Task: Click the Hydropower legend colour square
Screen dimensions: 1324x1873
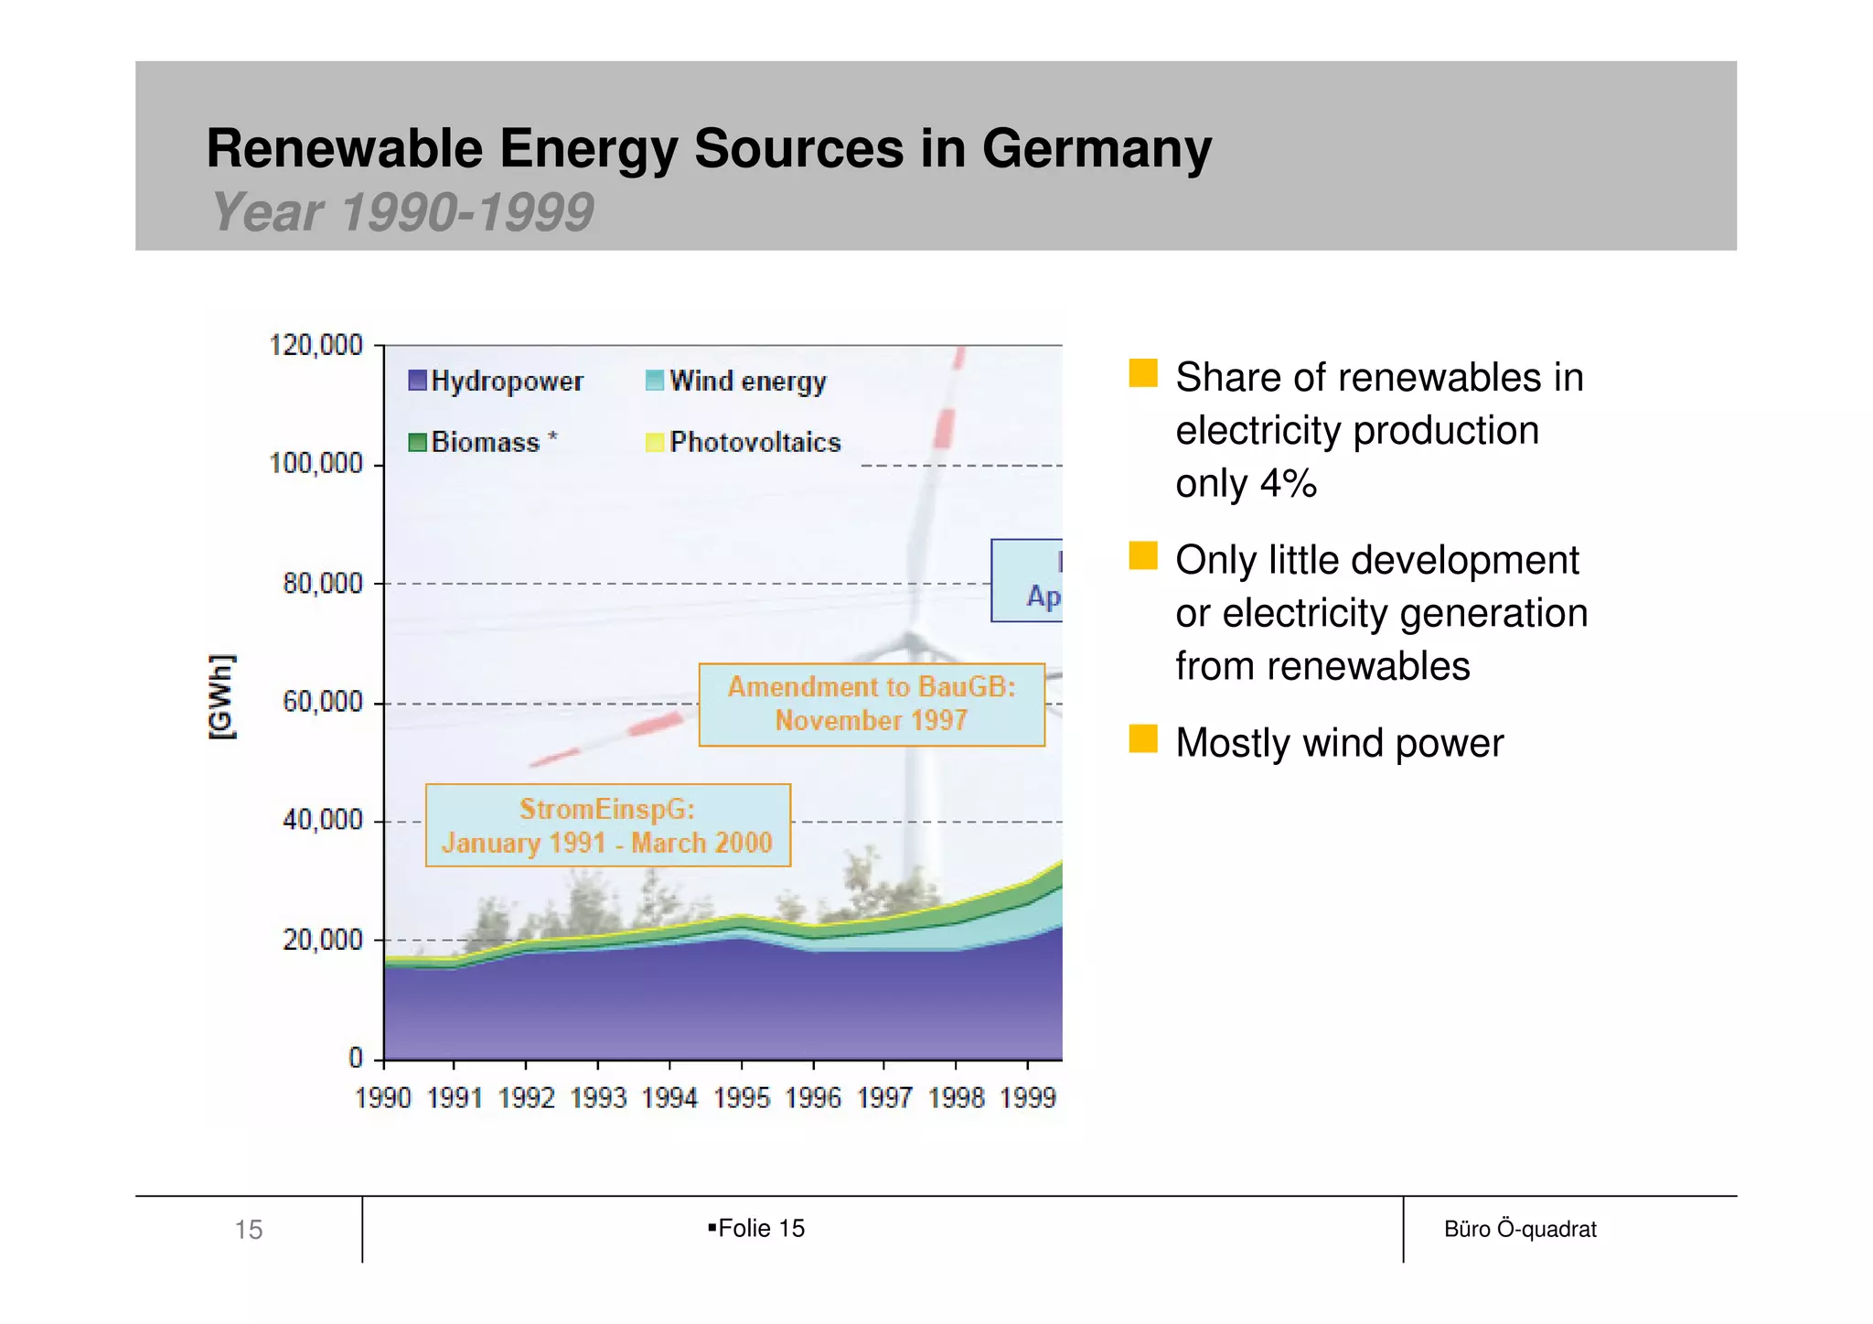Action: click(417, 381)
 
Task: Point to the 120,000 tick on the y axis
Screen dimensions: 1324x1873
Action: click(316, 346)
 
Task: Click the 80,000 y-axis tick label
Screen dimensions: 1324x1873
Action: click(322, 584)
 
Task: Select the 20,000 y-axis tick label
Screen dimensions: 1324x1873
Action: click(322, 940)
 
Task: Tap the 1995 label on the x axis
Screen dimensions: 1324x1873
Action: click(741, 1097)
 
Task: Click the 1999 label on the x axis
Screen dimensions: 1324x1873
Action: click(1027, 1097)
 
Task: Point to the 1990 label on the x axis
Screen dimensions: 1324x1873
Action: click(382, 1097)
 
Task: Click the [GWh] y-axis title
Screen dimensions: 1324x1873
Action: click(221, 697)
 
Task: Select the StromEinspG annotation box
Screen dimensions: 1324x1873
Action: click(607, 825)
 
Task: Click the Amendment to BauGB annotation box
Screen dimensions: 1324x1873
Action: click(871, 705)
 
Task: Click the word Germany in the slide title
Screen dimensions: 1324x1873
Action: click(1096, 148)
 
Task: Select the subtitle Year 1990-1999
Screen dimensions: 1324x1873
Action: click(402, 212)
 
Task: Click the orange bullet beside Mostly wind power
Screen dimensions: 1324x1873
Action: click(1142, 738)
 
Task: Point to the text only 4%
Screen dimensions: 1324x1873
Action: click(1246, 483)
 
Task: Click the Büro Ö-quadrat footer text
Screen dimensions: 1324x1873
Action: click(1519, 1229)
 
